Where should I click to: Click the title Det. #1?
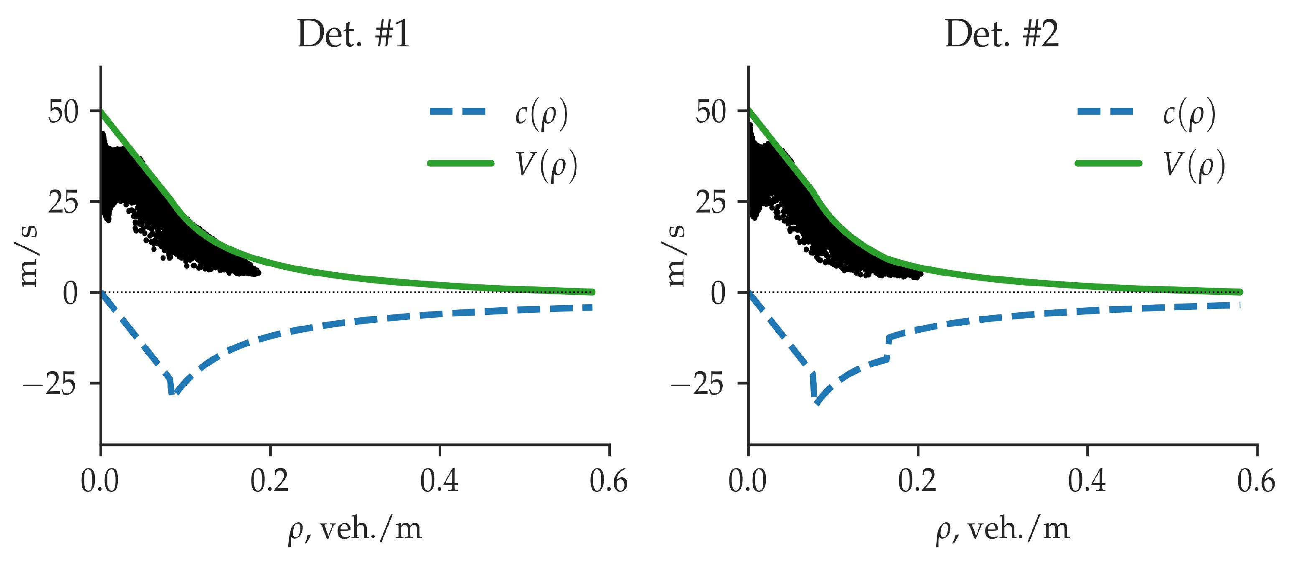(x=354, y=34)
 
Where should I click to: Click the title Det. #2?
(x=1001, y=34)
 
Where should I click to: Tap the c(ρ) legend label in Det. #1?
(x=541, y=114)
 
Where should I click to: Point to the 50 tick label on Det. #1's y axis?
(x=63, y=111)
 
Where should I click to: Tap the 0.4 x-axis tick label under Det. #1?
(x=439, y=481)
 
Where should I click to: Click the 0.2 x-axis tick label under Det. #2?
(x=917, y=481)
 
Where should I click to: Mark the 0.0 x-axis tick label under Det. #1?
(x=100, y=481)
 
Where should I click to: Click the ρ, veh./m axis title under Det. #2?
(x=1002, y=529)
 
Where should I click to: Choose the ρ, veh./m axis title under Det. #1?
(x=355, y=529)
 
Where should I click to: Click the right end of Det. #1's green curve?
(x=592, y=291)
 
